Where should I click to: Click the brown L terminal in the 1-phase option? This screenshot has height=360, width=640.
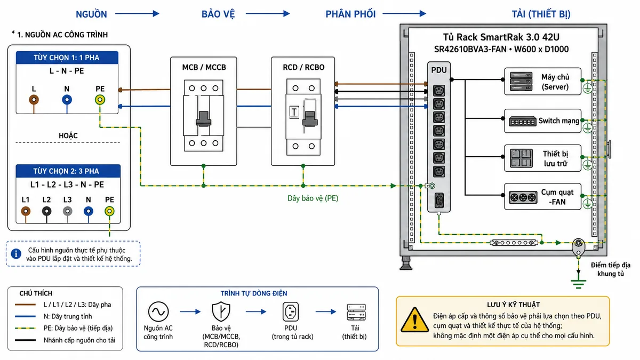tap(34, 100)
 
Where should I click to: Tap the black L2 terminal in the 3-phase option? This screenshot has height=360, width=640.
tap(46, 211)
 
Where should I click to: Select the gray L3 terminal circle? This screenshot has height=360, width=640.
tap(67, 211)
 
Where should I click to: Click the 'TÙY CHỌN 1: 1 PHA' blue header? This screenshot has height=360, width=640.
tap(67, 58)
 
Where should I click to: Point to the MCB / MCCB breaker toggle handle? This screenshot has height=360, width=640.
tap(203, 119)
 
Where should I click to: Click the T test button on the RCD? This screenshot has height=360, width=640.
tap(294, 112)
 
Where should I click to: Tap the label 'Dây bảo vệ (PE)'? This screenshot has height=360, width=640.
tap(313, 198)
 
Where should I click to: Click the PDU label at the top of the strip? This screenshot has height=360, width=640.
tap(439, 70)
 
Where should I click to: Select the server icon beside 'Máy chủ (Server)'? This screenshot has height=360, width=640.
tap(521, 82)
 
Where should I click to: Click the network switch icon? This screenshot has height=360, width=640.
tap(523, 121)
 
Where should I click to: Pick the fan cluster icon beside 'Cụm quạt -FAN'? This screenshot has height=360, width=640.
tap(523, 197)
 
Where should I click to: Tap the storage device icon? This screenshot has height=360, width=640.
tap(521, 158)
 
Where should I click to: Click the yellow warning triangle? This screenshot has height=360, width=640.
tap(414, 321)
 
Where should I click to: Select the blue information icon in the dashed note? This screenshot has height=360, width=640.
tap(16, 254)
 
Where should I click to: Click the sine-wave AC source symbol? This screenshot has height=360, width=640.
tap(158, 311)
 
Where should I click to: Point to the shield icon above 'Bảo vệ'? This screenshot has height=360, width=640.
tap(221, 311)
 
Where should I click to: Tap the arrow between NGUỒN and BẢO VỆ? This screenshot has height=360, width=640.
tap(137, 13)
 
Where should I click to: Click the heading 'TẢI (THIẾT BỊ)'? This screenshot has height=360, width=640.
tap(541, 14)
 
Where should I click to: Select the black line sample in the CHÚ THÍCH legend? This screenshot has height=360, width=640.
tap(25, 340)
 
